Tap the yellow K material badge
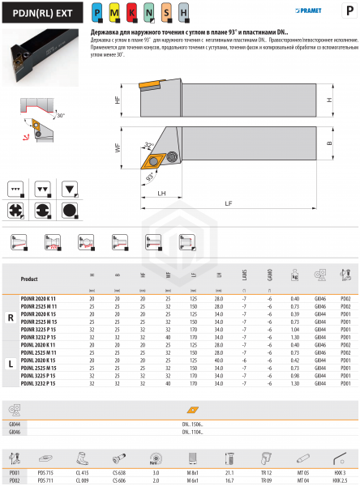click(x=131, y=14)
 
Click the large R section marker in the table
click(x=9, y=318)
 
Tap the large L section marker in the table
click(x=9, y=364)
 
